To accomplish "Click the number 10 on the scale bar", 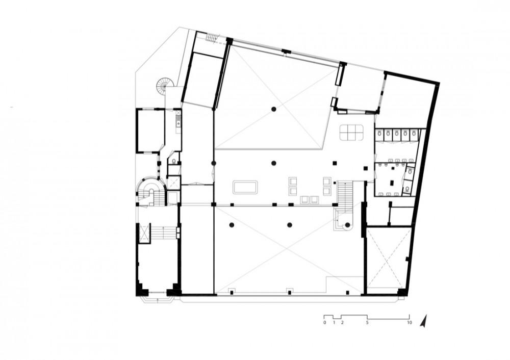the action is [409, 323].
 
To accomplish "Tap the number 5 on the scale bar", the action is [367, 323].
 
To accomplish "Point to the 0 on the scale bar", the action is [324, 323].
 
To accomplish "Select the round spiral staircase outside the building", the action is [163, 85].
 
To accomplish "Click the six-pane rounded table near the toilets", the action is [351, 133].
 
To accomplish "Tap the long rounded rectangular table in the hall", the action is [245, 188].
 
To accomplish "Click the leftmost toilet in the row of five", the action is [379, 133].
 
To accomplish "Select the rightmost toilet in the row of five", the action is [414, 133].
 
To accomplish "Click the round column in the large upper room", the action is [274, 109].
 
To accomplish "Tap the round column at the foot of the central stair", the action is [348, 225].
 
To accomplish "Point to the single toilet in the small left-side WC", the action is [174, 161].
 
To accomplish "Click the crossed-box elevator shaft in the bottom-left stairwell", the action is [144, 233].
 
